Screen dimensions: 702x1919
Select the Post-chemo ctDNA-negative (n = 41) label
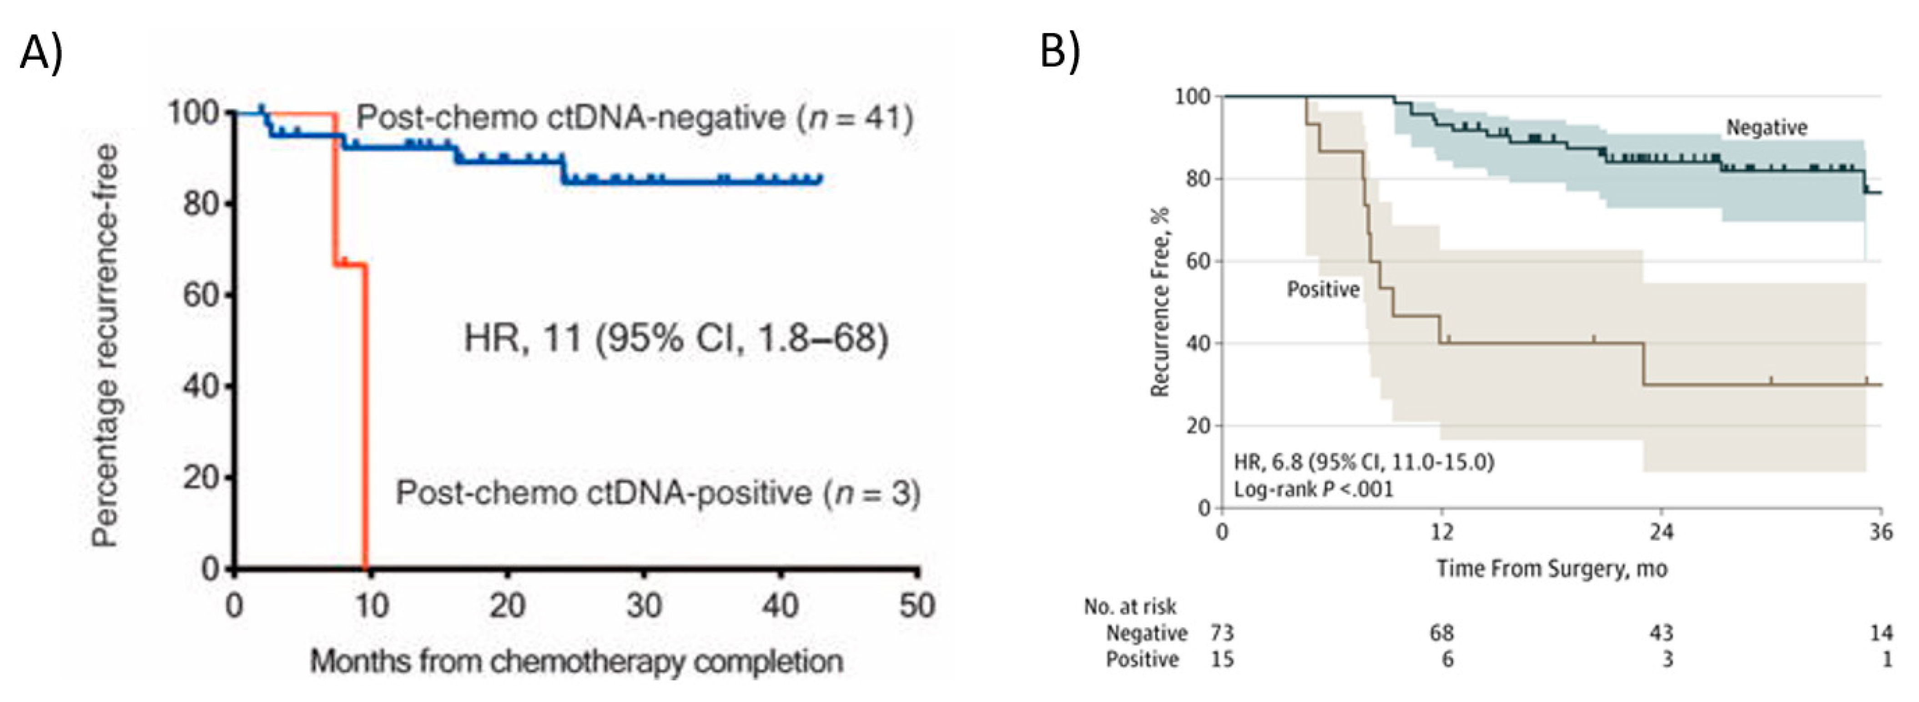[634, 118]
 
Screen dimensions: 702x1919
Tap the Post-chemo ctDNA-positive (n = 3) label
[658, 493]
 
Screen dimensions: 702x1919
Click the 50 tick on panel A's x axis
[917, 605]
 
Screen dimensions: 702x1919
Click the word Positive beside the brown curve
[1323, 289]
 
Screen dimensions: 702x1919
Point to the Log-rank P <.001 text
[1313, 489]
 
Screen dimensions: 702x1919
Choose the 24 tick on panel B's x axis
[1661, 532]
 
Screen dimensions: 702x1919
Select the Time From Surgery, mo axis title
[1552, 569]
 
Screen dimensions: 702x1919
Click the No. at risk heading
[1129, 606]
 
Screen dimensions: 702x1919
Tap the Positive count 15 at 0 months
[1222, 660]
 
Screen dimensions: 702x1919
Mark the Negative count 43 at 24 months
[1661, 633]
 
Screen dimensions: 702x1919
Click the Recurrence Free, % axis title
[1160, 302]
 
